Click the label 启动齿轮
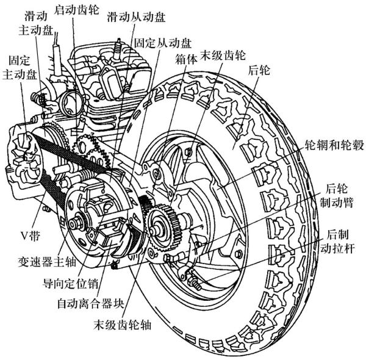[76, 10]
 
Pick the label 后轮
[259, 71]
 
